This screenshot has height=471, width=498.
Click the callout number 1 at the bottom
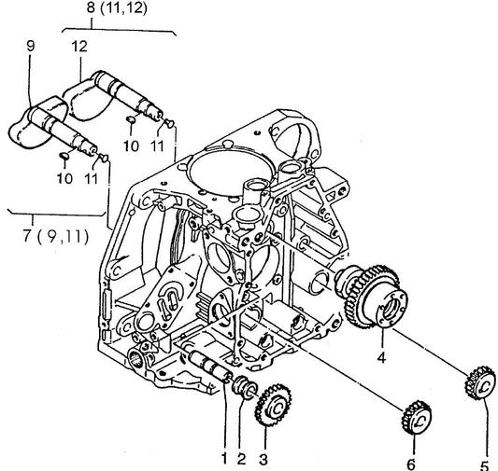(224, 458)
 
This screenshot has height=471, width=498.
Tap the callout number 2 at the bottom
(241, 459)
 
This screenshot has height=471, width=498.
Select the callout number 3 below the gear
(263, 459)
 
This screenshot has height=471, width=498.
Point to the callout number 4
(381, 357)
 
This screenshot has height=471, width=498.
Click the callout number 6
(411, 464)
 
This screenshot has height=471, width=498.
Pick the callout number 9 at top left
(30, 47)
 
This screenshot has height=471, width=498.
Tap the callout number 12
(79, 47)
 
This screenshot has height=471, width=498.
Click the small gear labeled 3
(274, 405)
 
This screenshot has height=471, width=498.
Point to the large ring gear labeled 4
(372, 297)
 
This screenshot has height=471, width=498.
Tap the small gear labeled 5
(480, 383)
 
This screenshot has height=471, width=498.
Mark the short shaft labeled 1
(209, 365)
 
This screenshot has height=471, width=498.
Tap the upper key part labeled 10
(131, 119)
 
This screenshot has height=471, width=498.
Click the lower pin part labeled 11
(104, 158)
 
